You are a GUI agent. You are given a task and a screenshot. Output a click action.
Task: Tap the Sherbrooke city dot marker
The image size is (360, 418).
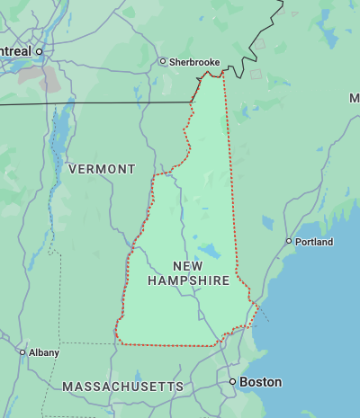point(163,62)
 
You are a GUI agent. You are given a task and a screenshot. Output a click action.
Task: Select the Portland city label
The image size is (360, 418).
point(316,242)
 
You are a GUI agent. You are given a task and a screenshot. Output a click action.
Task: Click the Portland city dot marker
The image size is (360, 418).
point(289,241)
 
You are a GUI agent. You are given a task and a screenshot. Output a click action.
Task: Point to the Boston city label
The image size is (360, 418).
point(261,382)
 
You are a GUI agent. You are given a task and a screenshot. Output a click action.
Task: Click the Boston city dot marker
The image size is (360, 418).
point(232,382)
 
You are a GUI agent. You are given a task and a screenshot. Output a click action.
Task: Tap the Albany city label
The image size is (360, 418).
point(44,352)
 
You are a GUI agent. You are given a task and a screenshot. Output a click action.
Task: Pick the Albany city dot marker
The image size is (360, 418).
point(22,352)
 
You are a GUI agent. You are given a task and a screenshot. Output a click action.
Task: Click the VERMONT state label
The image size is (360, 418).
point(102,169)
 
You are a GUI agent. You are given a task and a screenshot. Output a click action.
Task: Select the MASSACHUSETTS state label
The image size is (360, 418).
point(122,387)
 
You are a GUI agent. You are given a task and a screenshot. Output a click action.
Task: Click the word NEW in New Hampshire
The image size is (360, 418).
point(188,266)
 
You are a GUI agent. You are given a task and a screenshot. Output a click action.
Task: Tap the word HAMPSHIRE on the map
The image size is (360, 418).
point(188,281)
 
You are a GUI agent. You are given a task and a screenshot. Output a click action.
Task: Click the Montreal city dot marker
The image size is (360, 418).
point(40,52)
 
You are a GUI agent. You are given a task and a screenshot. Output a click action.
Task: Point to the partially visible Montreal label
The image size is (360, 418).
point(15,52)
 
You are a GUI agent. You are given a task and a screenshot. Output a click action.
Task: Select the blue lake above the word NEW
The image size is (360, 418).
point(209,250)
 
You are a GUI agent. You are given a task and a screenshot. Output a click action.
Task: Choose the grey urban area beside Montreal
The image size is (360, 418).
point(49,78)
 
